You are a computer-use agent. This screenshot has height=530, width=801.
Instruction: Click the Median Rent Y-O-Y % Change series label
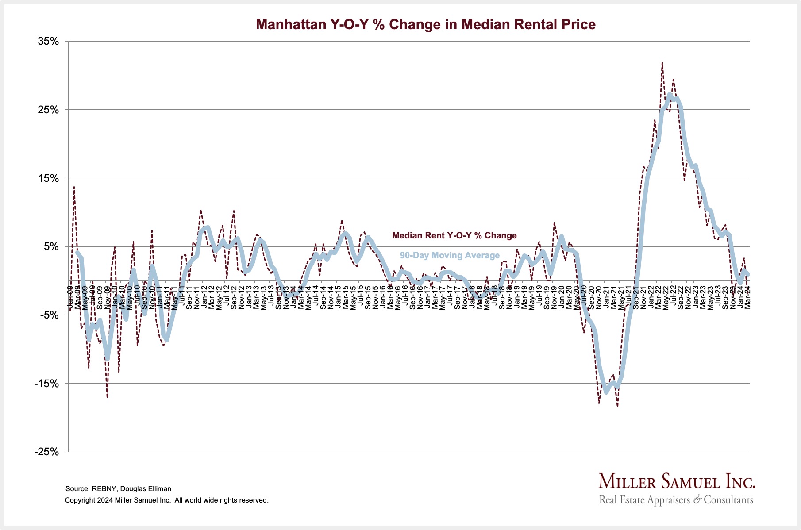click(454, 235)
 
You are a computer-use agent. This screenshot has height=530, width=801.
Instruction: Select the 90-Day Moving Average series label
click(450, 255)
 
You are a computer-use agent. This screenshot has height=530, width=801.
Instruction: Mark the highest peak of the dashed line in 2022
click(662, 63)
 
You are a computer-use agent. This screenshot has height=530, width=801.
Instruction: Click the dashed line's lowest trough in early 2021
click(617, 405)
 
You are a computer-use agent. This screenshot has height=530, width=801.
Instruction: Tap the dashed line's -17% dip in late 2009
click(107, 397)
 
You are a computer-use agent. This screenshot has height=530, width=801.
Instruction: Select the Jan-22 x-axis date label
click(651, 297)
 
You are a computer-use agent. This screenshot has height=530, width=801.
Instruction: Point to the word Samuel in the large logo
click(686, 481)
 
